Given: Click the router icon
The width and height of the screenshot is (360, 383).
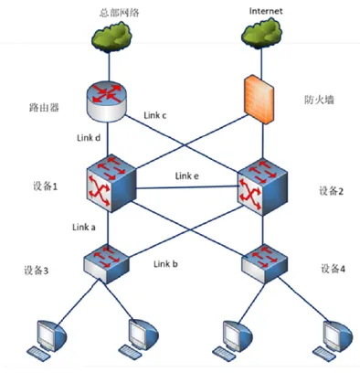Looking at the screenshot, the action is point(106,101).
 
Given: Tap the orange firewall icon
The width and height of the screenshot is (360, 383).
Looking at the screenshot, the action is point(259,100).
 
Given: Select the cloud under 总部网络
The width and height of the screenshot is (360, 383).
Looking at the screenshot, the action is point(111,36).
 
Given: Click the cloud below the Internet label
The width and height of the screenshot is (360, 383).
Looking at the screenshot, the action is point(261,33).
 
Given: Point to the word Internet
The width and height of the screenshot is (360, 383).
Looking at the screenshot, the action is point(266,11).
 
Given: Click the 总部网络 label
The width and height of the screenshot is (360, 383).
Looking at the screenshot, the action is point(120,13).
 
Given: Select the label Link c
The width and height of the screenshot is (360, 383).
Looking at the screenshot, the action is point(155,115).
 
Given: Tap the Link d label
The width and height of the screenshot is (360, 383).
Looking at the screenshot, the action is point(89,138).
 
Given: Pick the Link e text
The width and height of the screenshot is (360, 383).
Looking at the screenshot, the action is point(187,176).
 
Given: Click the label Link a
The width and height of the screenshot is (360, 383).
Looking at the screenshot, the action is point(84,227).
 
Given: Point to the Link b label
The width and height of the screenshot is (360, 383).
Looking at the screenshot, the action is point(165,263).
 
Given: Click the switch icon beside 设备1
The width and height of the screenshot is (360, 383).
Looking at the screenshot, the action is point(111,183).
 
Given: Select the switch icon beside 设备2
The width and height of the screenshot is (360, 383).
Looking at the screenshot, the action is point(262,186).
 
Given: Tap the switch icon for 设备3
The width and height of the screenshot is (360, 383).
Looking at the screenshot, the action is point(106,264).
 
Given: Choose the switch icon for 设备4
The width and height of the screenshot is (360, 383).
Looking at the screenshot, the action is point(264,264).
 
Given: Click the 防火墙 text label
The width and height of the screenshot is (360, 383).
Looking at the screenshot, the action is point(319,100).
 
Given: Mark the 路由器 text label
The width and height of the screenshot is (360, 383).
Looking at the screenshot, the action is point(44,107).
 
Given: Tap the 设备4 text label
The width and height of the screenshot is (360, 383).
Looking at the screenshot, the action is point(333,269).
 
